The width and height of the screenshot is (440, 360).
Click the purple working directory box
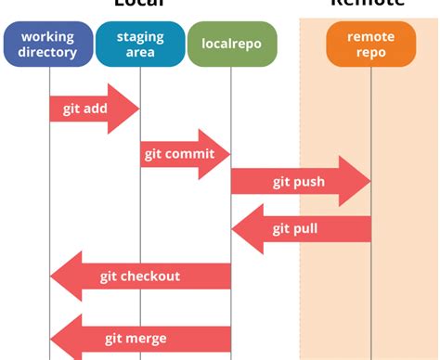pyautogui.click(x=47, y=44)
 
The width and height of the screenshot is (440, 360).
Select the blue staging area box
pyautogui.click(x=140, y=44)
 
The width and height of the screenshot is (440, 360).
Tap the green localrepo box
pyautogui.click(x=231, y=44)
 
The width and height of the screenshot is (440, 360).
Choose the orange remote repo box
pyautogui.click(x=370, y=44)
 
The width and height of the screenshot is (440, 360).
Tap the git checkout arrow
pyautogui.click(x=139, y=276)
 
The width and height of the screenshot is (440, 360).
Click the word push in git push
pyautogui.click(x=309, y=182)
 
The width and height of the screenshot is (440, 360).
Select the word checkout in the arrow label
pyautogui.click(x=150, y=276)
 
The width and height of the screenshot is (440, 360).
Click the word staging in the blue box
pyautogui.click(x=141, y=37)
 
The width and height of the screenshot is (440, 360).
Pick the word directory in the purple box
pyautogui.click(x=47, y=52)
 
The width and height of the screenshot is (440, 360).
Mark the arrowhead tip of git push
pyautogui.click(x=369, y=182)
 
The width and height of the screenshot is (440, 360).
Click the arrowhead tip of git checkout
pyautogui.click(x=51, y=276)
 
